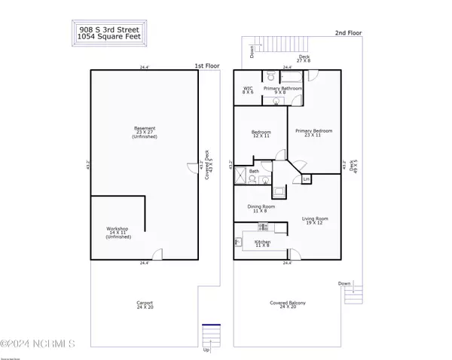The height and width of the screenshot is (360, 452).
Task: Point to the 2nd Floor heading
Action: tap(350, 33)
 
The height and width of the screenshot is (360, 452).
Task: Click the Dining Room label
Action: tap(261, 209)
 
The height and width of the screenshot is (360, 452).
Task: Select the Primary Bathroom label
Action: tap(282, 90)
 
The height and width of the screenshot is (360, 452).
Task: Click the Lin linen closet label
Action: tap(307, 180)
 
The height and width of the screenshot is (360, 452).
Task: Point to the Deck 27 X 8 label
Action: tap(304, 59)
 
